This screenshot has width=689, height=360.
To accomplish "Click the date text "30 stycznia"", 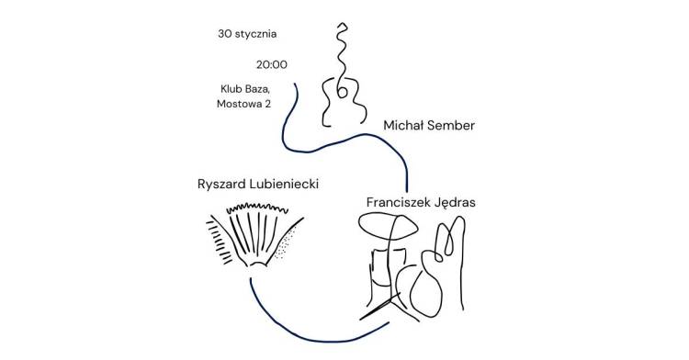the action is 247,34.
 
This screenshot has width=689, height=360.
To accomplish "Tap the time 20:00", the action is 272,65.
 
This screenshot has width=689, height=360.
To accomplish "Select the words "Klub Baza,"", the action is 245,89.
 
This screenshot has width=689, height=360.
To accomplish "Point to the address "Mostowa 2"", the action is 243,104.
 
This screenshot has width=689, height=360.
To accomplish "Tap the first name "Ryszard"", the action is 222,184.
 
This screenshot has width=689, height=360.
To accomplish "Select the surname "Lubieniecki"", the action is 284,184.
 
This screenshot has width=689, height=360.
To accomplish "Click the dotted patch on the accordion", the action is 288,242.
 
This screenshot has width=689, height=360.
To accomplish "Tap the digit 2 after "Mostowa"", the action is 267,104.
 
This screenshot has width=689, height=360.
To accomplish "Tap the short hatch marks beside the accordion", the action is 219,242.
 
